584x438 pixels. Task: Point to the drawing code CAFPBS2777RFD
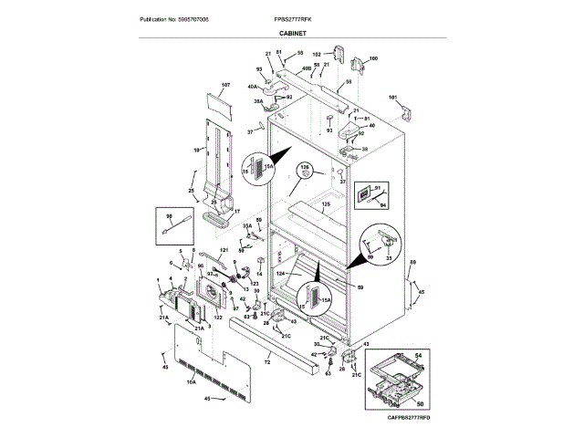tap(407, 417)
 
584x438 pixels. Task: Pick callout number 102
tap(317, 54)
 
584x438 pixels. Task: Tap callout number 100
tap(372, 59)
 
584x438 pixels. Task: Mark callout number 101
tap(394, 97)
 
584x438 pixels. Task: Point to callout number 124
tap(281, 274)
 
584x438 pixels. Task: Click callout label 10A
tap(192, 383)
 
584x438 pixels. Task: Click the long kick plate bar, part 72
tap(274, 351)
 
